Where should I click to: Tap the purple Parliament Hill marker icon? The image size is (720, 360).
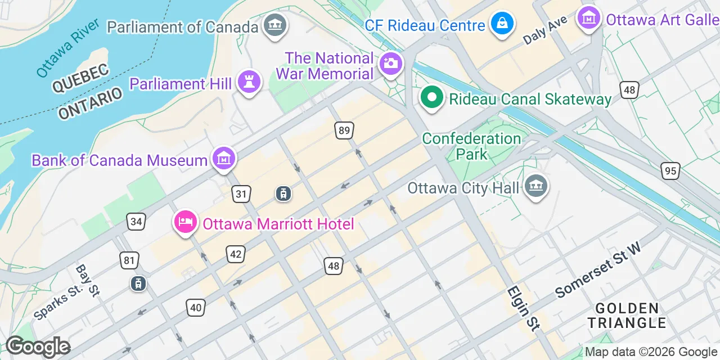[249, 82]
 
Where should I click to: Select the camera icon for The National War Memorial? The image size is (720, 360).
[389, 63]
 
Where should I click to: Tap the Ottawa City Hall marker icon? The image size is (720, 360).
[535, 186]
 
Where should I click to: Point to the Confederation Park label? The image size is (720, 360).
[471, 146]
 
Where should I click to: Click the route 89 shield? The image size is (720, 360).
[345, 131]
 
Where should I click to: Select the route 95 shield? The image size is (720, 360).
[671, 171]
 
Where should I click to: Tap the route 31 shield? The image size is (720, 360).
[241, 195]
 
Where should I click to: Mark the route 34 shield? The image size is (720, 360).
[136, 222]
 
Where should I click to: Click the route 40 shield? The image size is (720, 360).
[195, 307]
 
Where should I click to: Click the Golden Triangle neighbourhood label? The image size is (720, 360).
[627, 316]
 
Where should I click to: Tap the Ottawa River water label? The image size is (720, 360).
[68, 48]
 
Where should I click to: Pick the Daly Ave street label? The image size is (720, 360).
[544, 31]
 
